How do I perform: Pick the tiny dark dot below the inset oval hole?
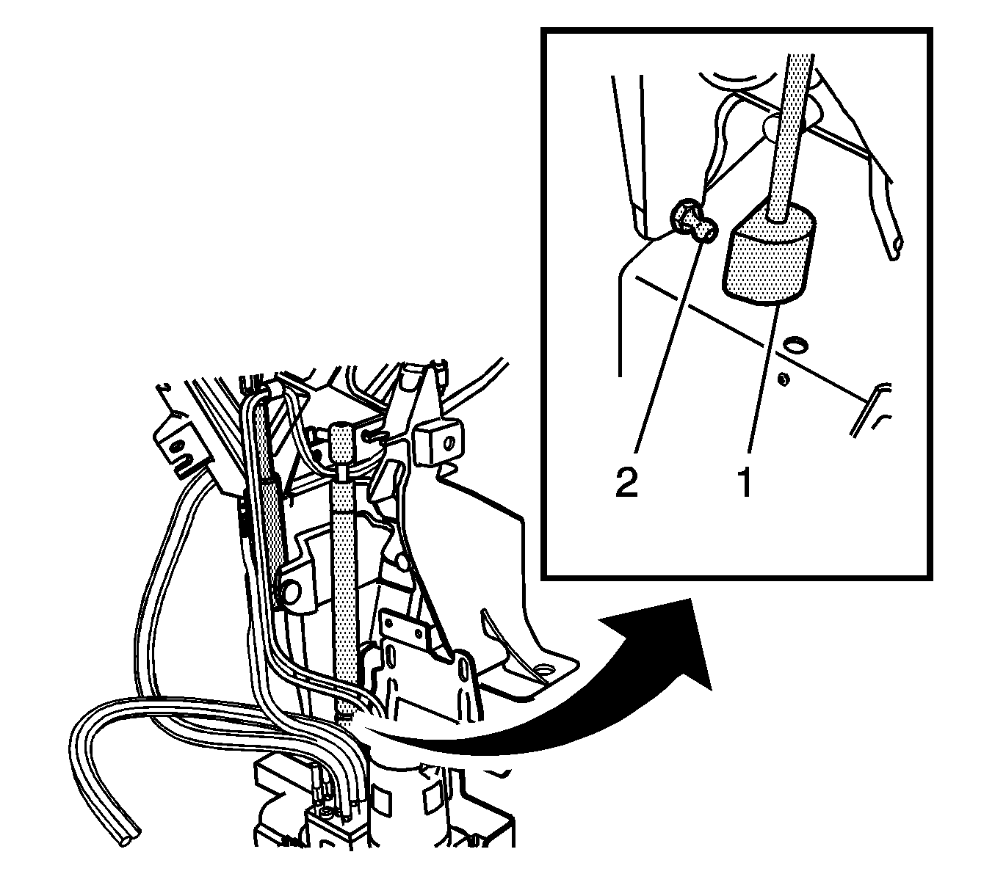(x=784, y=379)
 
